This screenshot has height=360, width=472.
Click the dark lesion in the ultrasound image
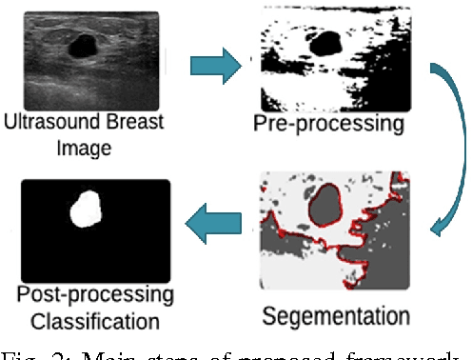pos(85,44)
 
